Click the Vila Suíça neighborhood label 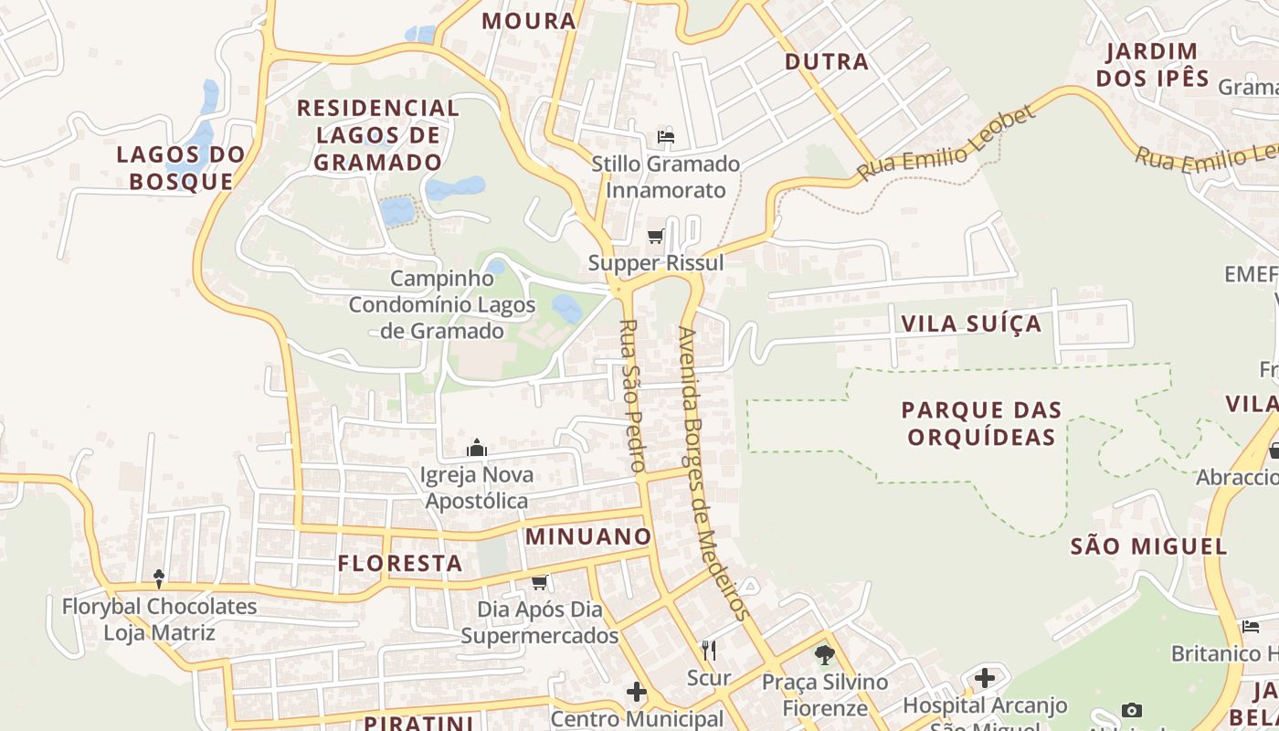click(971, 323)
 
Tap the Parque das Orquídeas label click(981, 423)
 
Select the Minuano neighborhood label click(588, 536)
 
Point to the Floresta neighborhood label click(400, 563)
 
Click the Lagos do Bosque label click(181, 167)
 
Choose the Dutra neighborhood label click(827, 62)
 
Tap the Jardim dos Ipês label click(1152, 64)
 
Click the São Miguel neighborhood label click(1148, 546)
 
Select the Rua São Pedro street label click(629, 395)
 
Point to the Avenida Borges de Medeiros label click(713, 472)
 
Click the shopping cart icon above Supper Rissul click(655, 238)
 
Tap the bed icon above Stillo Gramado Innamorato click(666, 138)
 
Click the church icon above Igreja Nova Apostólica click(477, 449)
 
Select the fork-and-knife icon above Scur click(709, 651)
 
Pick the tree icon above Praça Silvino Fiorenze click(825, 655)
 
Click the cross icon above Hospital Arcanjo click(984, 678)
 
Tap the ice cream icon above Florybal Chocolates click(159, 578)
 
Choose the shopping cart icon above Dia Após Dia click(539, 582)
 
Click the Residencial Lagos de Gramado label click(377, 135)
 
